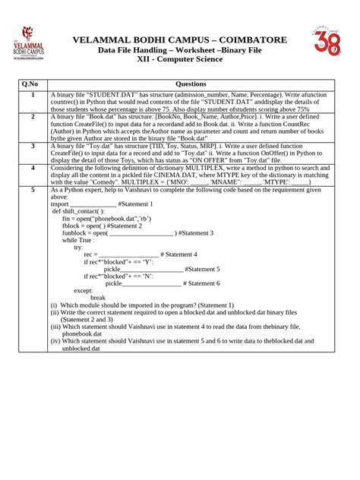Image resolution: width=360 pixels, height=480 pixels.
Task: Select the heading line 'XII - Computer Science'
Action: click(x=179, y=59)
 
